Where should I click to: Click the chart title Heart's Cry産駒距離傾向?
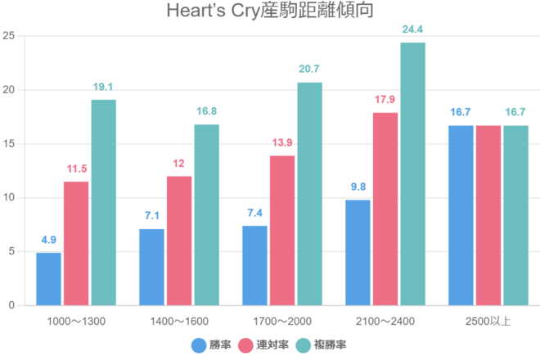(270, 12)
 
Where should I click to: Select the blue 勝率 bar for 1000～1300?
(49, 278)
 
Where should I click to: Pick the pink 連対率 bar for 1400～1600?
(179, 241)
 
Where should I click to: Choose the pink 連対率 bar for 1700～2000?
(282, 230)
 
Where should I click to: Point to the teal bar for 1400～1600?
(206, 214)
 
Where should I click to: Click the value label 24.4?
(412, 29)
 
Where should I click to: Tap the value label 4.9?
(49, 240)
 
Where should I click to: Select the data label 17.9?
(385, 100)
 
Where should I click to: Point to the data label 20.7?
(309, 70)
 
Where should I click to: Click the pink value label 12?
(179, 164)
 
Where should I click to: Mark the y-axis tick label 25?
(9, 36)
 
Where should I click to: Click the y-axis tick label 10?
(9, 198)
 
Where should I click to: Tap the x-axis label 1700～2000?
(282, 320)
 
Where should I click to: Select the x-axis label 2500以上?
(488, 320)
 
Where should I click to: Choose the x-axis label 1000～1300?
(76, 320)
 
